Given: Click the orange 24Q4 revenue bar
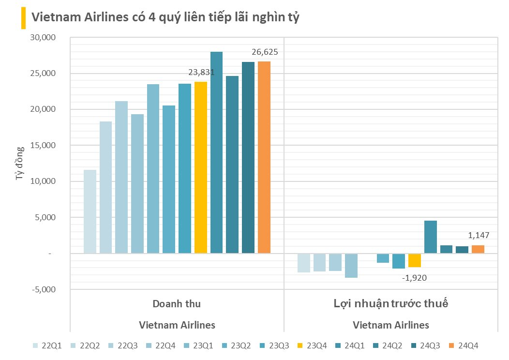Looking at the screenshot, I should pyautogui.click(x=264, y=157).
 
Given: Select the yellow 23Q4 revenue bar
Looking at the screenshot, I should pyautogui.click(x=201, y=167).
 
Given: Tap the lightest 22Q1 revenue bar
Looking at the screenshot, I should pyautogui.click(x=90, y=211).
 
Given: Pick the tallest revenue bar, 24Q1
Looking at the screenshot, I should pyautogui.click(x=216, y=152).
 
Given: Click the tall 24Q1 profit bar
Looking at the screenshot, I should pyautogui.click(x=431, y=237).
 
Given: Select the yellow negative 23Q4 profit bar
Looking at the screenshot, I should pyautogui.click(x=415, y=260).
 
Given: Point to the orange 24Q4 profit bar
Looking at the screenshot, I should pyautogui.click(x=478, y=249).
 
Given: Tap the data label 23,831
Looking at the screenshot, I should pyautogui.click(x=201, y=73).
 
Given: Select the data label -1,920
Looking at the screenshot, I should pyautogui.click(x=415, y=278).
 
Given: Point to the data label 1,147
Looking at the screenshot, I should pyautogui.click(x=479, y=236).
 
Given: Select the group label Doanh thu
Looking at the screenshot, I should pyautogui.click(x=177, y=304).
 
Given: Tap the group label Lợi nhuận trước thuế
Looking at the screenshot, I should pyautogui.click(x=391, y=304).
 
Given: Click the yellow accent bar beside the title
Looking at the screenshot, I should pyautogui.click(x=23, y=18).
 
